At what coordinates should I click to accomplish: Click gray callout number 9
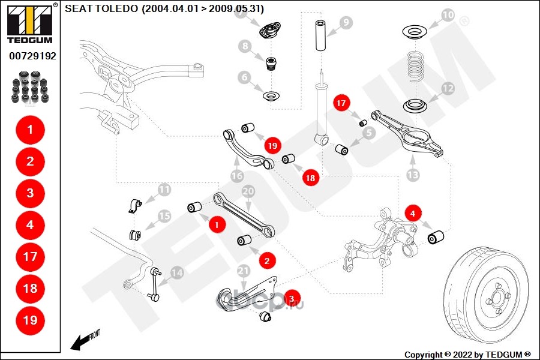point(345,23)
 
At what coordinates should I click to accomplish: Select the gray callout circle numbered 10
point(448,14)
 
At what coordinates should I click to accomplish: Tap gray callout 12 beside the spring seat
point(448,89)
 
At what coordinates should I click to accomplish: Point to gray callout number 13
point(413,175)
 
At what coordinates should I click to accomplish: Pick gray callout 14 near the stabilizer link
point(176,272)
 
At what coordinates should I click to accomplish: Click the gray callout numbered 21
point(243,271)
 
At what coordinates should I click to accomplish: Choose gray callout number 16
point(236,176)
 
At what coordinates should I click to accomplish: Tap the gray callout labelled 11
point(164,191)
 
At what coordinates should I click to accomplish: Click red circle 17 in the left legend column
point(30,256)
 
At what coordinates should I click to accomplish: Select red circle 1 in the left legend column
point(30,128)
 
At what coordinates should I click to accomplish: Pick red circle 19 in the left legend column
point(30,320)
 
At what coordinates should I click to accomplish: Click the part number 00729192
point(32,56)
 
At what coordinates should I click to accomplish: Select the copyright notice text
point(467,354)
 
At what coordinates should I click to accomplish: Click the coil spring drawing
point(416,67)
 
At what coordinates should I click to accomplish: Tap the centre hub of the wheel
point(496,294)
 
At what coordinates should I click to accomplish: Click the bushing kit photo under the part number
point(30,85)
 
